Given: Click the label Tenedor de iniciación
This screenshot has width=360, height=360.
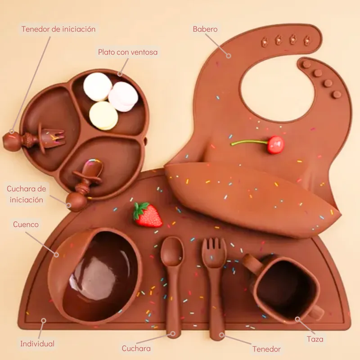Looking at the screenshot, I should [58, 29].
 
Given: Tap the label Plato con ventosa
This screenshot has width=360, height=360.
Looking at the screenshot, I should [128, 52].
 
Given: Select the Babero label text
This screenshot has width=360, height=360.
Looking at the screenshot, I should [205, 29].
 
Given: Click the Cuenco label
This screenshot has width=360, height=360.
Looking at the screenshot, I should [26, 224].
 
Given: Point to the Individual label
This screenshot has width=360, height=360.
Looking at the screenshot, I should [37, 344].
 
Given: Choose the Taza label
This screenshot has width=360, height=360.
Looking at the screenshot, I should [315, 339].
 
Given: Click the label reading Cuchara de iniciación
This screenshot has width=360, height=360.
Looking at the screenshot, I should [25, 193].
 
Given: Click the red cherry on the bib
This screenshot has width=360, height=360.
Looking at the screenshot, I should [275, 144].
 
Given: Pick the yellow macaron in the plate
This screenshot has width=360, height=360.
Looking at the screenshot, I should [103, 116].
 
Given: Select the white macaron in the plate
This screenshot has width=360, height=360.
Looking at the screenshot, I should [97, 86].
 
